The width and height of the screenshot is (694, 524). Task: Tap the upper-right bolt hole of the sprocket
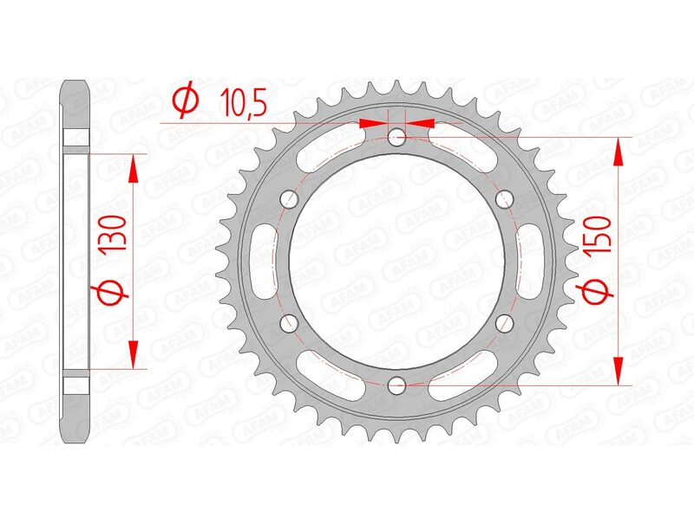(x=504, y=198)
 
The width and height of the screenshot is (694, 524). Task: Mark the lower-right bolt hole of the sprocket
(x=504, y=322)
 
